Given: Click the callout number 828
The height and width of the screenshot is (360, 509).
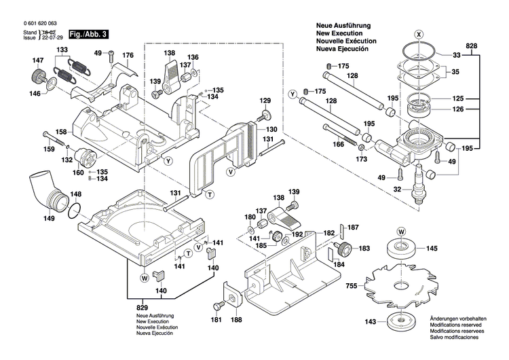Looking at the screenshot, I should [491, 44].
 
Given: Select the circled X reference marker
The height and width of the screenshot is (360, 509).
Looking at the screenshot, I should [419, 33].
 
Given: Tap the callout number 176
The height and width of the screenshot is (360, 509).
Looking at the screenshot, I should [128, 55].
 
